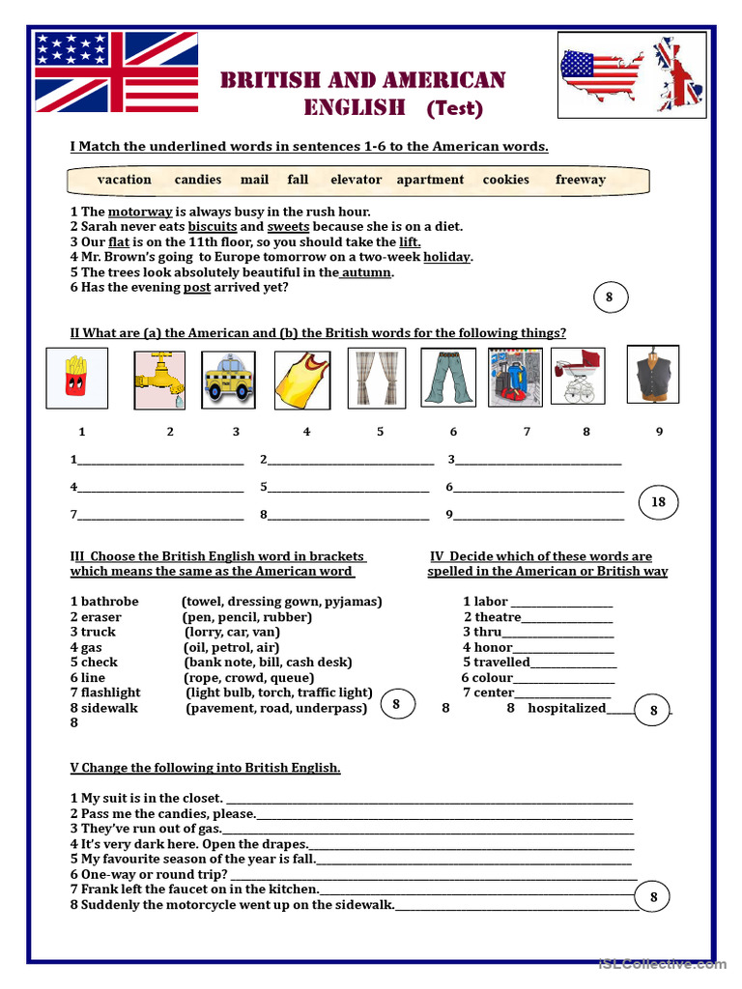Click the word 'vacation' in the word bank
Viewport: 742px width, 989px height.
click(124, 180)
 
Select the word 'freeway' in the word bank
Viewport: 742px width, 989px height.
click(581, 180)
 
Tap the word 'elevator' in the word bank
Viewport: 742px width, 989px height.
click(356, 180)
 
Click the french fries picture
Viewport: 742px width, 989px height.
click(76, 378)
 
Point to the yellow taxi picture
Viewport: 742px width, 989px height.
click(228, 378)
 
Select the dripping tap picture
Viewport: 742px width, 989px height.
click(158, 378)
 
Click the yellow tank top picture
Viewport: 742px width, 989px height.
click(302, 378)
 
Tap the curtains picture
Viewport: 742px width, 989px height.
click(377, 377)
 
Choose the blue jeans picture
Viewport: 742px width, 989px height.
click(449, 377)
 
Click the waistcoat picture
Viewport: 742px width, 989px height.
click(652, 374)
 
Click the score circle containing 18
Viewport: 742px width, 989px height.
click(658, 502)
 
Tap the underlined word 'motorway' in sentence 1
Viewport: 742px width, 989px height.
click(140, 212)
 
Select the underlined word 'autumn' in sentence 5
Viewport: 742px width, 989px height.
click(366, 272)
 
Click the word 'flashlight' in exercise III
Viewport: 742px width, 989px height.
click(110, 692)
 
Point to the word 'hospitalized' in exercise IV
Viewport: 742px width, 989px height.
click(566, 708)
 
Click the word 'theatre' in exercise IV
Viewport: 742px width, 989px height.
click(498, 617)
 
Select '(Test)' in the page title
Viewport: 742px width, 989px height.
click(454, 108)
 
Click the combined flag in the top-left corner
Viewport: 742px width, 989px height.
click(116, 71)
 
